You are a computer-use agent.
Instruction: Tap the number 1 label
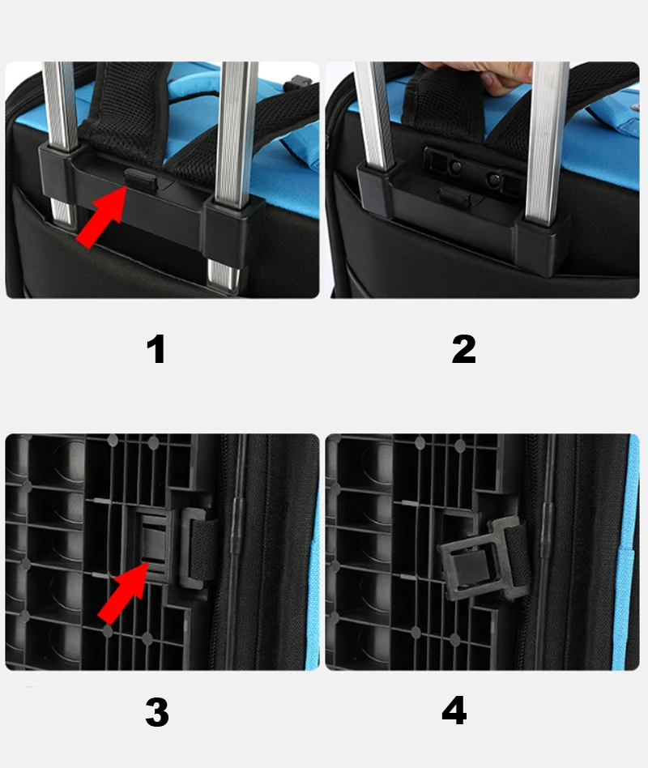tap(156, 349)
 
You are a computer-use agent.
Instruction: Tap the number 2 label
tap(463, 349)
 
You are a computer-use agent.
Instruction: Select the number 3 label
tap(156, 712)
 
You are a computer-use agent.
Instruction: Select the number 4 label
tap(454, 710)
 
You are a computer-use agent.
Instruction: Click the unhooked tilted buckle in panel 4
tap(483, 559)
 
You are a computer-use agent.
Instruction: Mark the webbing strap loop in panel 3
tap(202, 548)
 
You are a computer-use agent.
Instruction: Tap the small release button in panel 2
tap(454, 196)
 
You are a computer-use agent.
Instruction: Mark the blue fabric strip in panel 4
tap(631, 551)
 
